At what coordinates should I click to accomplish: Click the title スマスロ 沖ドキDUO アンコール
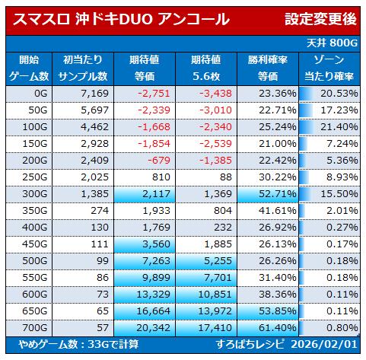[x=121, y=20]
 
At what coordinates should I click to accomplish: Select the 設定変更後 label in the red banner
[x=320, y=19]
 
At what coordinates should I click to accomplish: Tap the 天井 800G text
[x=332, y=43]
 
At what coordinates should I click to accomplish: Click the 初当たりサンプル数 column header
[x=83, y=68]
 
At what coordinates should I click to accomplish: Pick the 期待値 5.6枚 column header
[x=206, y=68]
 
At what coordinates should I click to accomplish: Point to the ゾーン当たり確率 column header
[x=329, y=68]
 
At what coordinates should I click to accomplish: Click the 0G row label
[x=41, y=94]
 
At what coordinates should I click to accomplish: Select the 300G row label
[x=35, y=194]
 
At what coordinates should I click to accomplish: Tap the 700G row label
[x=35, y=328]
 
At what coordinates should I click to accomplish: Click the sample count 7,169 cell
[x=95, y=94]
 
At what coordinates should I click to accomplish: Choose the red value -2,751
[x=154, y=94]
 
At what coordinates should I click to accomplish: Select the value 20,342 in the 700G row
[x=153, y=328]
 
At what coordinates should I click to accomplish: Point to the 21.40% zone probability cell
[x=339, y=127]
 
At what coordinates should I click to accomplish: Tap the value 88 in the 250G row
[x=226, y=177]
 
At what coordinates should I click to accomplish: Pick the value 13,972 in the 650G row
[x=215, y=311]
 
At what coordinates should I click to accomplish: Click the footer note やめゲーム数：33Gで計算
[x=79, y=345]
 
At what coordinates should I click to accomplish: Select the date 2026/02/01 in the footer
[x=324, y=345]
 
